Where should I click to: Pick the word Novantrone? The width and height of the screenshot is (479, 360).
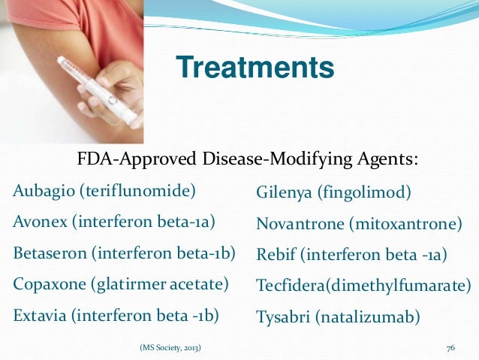point(298,224)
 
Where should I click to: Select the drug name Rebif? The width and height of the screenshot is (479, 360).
point(274,256)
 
